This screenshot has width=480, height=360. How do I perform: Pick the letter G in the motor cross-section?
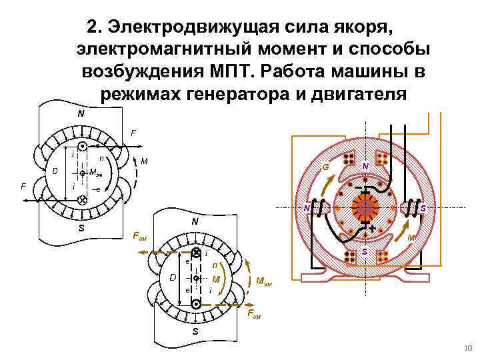(325, 166)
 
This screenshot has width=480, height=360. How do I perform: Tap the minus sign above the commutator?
(365, 191)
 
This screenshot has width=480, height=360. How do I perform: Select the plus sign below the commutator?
(371, 229)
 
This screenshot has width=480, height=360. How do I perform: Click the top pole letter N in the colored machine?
(365, 166)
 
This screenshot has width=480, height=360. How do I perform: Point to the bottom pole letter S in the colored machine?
(365, 251)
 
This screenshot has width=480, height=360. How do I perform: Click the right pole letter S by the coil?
(423, 208)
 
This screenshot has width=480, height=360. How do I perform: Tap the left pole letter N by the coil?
(306, 208)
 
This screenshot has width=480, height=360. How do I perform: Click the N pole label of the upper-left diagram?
(81, 114)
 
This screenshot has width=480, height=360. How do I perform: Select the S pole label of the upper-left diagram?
(81, 228)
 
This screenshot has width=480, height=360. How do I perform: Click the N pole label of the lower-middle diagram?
(195, 221)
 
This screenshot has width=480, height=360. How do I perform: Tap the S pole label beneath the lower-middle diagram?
(195, 331)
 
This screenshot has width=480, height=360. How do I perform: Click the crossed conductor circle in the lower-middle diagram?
(197, 253)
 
